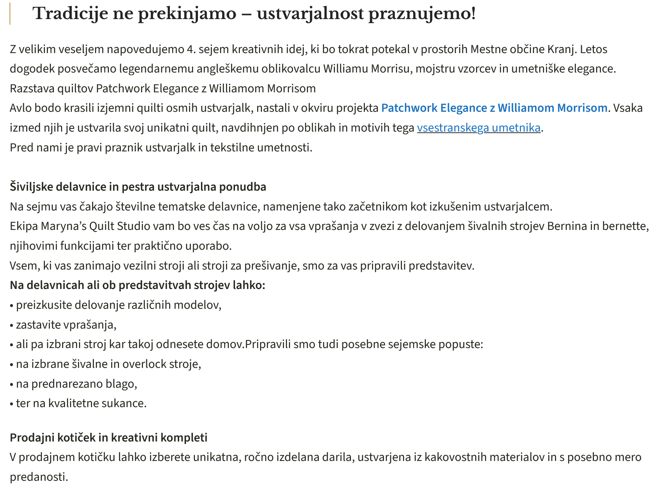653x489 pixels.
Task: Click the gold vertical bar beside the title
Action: tap(10, 14)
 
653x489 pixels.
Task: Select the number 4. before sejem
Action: tap(191, 49)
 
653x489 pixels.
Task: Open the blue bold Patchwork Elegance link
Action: tap(494, 108)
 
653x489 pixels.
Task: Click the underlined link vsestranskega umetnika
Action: tap(479, 128)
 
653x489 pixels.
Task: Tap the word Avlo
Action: tap(20, 108)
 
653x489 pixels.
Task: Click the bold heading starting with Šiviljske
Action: tap(138, 187)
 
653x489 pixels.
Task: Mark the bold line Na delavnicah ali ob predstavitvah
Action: tap(137, 285)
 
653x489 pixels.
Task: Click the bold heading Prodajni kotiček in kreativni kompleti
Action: tap(109, 438)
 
